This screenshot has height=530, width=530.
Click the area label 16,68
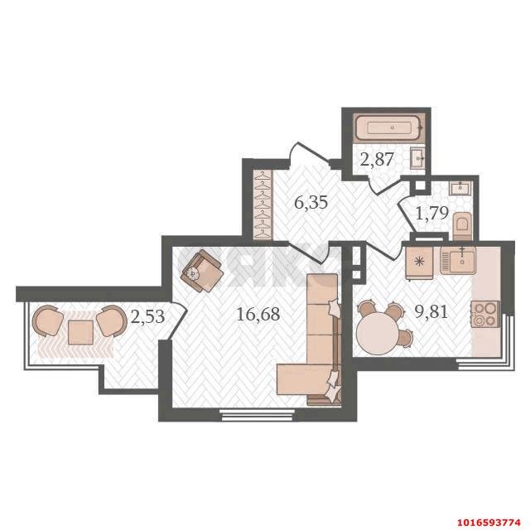(x=258, y=315)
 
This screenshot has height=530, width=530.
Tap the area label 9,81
(x=431, y=312)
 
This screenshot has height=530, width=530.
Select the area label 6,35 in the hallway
(x=311, y=202)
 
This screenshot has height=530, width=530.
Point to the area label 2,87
(x=377, y=159)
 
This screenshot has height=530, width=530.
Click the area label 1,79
(x=431, y=214)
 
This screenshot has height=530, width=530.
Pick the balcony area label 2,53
(x=147, y=316)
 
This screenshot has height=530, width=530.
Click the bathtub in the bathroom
(x=389, y=128)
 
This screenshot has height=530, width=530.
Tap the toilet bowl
(x=462, y=226)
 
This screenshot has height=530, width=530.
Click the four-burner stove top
(x=486, y=315)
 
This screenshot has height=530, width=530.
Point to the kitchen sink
(x=458, y=260)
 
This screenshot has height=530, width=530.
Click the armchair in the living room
(x=202, y=271)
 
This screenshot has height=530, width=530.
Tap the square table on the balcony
(x=80, y=332)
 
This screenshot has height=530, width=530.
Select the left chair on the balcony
(x=47, y=320)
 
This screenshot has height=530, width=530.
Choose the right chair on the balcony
(x=111, y=321)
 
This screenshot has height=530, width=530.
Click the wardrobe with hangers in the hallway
(x=263, y=205)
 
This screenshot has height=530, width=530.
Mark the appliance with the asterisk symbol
(x=419, y=263)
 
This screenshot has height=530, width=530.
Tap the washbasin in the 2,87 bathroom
(x=417, y=158)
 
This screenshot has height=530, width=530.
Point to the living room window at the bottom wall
(x=257, y=414)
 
